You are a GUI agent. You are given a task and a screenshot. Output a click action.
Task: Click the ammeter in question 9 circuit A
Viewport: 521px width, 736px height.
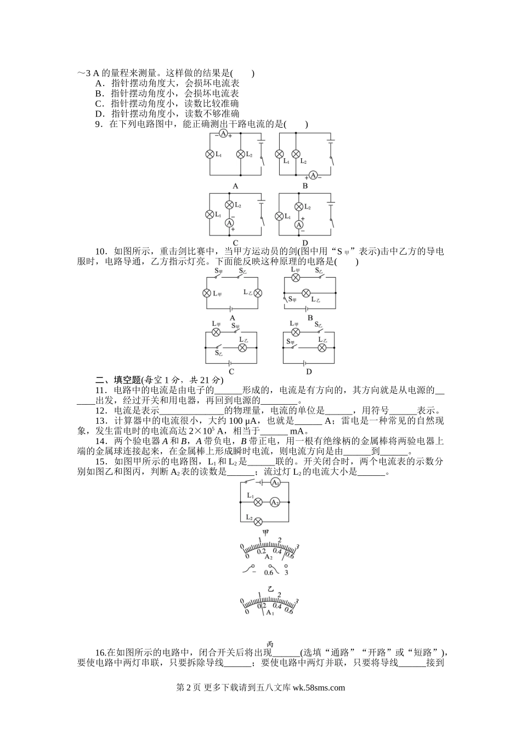pyautogui.click(x=223, y=134)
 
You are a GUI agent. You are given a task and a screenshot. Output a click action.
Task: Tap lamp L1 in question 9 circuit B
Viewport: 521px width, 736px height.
pyautogui.click(x=280, y=154)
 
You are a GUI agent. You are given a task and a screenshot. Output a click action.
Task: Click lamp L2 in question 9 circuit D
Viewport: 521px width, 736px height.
pyautogui.click(x=299, y=206)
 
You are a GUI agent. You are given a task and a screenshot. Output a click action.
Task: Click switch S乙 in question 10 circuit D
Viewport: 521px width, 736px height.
pyautogui.click(x=318, y=331)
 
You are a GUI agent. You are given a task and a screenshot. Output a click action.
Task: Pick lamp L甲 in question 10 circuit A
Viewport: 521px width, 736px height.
pyautogui.click(x=207, y=293)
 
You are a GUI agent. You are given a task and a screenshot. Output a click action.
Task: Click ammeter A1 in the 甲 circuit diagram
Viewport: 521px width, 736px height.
pyautogui.click(x=275, y=483)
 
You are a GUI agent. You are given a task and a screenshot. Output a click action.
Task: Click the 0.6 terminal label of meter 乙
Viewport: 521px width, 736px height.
pyautogui.click(x=268, y=573)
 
